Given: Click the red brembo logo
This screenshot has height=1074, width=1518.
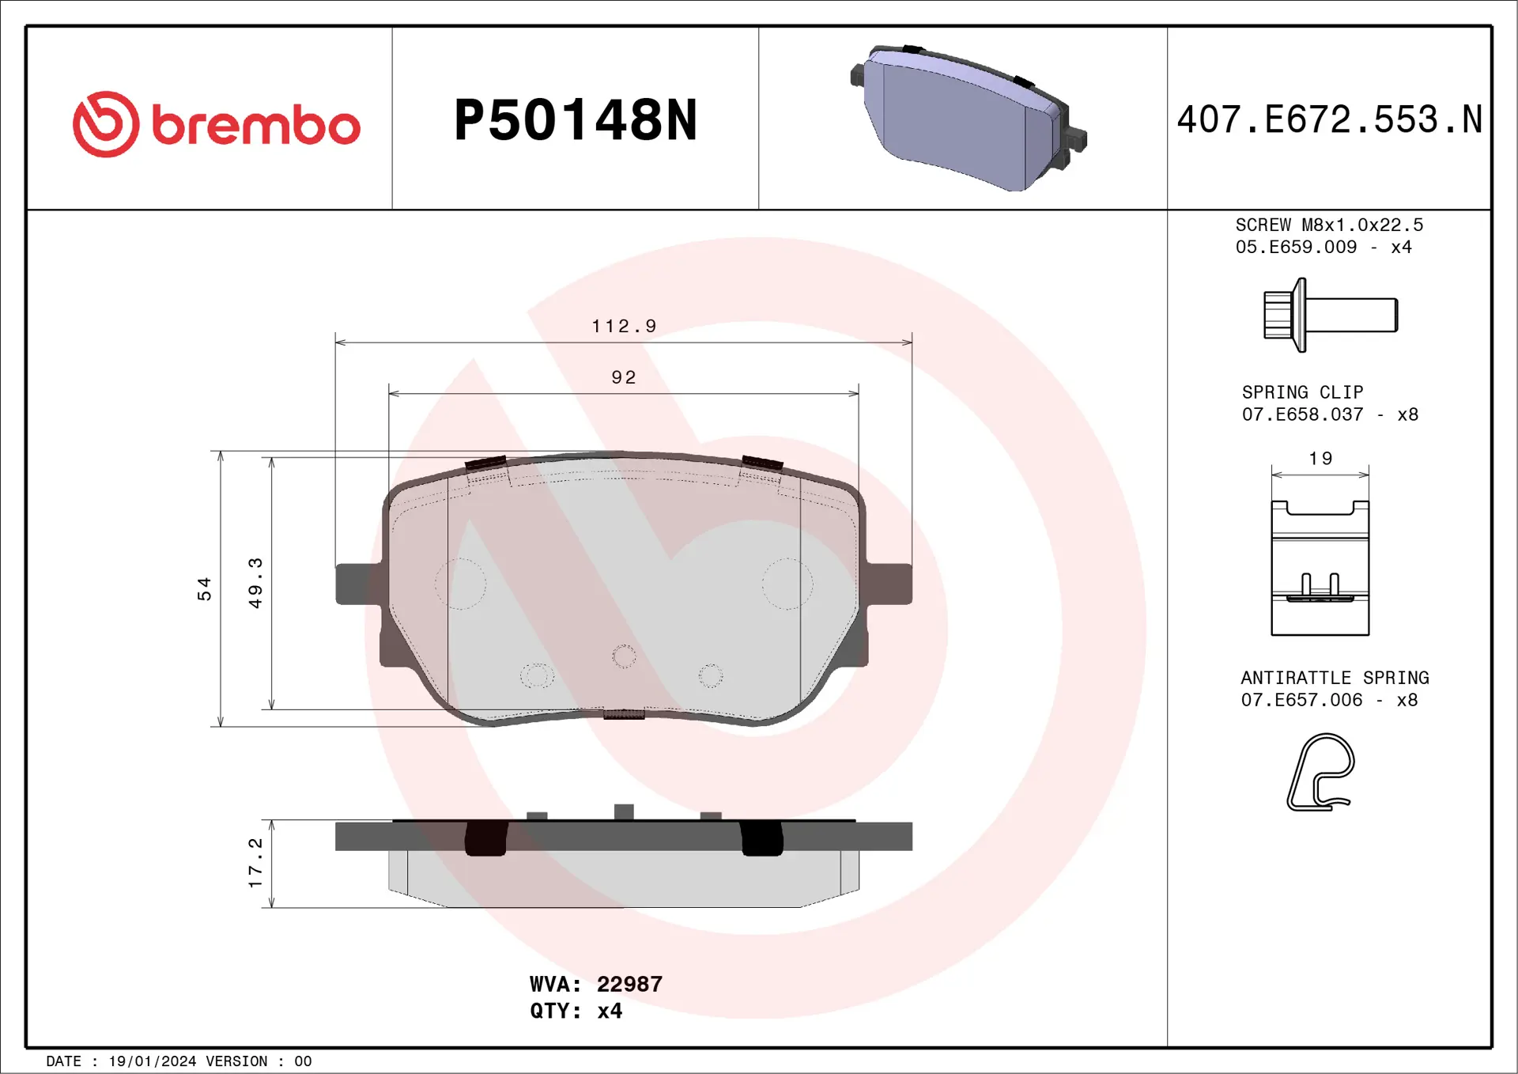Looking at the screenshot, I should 216,124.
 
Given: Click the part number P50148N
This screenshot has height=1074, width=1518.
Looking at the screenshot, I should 576,120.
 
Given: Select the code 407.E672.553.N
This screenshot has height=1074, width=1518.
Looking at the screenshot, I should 1329,120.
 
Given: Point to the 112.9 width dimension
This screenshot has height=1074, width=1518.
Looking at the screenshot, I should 624,326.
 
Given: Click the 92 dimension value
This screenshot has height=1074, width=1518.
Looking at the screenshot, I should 624,377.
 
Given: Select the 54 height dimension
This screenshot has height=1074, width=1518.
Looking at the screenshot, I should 205,589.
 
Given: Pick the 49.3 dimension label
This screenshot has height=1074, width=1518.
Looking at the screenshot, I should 255,583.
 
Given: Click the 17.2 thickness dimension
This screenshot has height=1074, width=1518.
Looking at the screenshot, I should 255,863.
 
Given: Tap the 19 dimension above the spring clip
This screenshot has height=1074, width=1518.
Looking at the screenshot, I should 1320,459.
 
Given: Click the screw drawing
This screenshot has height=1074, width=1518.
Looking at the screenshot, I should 1330,315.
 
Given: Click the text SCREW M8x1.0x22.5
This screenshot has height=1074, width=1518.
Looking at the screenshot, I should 1329,225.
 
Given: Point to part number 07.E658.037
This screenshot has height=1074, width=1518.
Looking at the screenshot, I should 1302,414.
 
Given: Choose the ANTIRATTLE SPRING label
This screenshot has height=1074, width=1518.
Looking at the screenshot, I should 1335,678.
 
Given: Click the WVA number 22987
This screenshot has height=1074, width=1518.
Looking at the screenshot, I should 629,984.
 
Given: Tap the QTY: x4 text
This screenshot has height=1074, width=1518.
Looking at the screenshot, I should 576,1011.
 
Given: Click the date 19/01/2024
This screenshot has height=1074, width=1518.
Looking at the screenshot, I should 152,1061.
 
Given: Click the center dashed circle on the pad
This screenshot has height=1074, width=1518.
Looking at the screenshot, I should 624,656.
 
